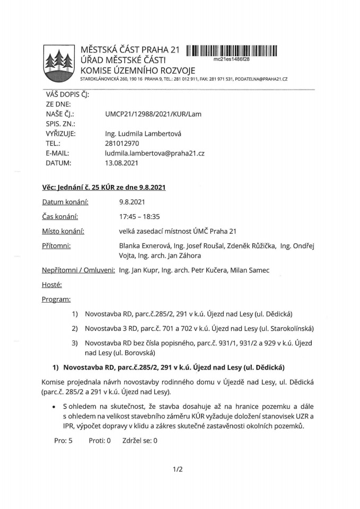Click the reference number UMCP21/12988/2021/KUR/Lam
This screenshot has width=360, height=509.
[x=153, y=114]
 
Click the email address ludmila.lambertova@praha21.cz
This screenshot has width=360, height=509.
[x=155, y=153]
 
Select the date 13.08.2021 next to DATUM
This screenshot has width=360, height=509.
[x=122, y=163]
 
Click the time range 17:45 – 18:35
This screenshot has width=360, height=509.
[x=142, y=216]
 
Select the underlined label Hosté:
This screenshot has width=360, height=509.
[x=52, y=285]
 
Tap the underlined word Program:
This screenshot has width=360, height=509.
[x=56, y=300]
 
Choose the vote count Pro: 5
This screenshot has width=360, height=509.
[x=63, y=440]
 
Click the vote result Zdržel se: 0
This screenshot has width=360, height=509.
[x=140, y=440]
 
